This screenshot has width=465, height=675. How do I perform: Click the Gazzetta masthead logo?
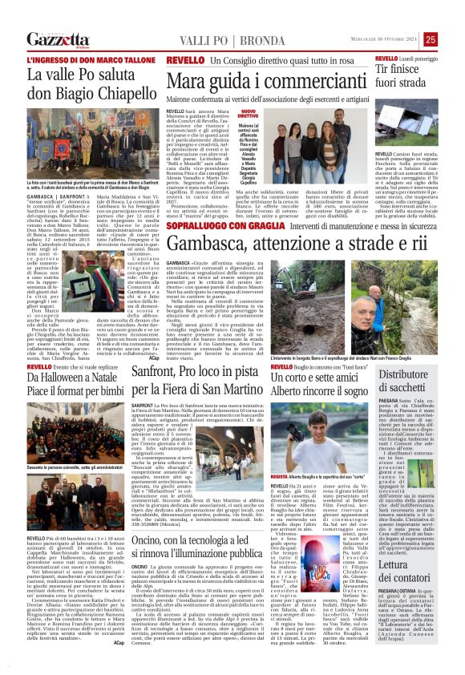point(59,39)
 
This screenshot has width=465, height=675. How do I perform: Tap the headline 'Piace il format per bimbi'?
point(77,385)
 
